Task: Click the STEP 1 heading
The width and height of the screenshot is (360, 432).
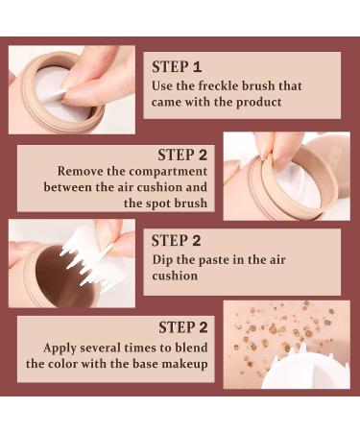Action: click(177, 67)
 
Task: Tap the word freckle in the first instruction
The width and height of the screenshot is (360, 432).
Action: click(218, 85)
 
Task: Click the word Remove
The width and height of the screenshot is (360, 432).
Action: click(80, 171)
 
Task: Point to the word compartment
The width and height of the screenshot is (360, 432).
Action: click(168, 172)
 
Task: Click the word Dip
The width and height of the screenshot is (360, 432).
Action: click(162, 260)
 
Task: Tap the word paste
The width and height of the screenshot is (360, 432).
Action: click(214, 260)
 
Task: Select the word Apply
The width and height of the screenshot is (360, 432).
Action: click(60, 348)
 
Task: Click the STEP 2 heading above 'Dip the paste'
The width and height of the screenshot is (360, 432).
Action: click(176, 241)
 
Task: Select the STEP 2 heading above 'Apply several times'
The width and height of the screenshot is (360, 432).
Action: click(183, 327)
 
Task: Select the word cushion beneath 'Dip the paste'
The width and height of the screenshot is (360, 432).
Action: click(175, 276)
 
